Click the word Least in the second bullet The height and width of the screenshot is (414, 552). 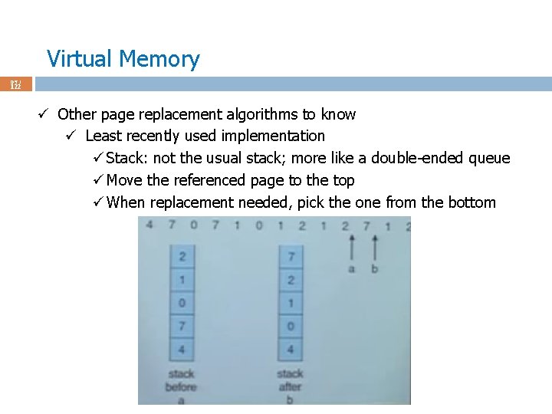[x=103, y=136]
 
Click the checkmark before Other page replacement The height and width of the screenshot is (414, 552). [x=44, y=114]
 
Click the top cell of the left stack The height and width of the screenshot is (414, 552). [x=182, y=256]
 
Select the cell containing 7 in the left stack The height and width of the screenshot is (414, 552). [x=182, y=327]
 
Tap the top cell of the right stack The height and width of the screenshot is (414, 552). [x=291, y=256]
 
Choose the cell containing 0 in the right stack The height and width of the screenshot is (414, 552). [x=291, y=327]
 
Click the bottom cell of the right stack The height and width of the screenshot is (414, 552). [x=291, y=350]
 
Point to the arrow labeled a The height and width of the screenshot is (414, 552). [x=352, y=250]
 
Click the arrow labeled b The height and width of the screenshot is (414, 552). [x=374, y=250]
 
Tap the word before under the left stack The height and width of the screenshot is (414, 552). [x=182, y=386]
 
